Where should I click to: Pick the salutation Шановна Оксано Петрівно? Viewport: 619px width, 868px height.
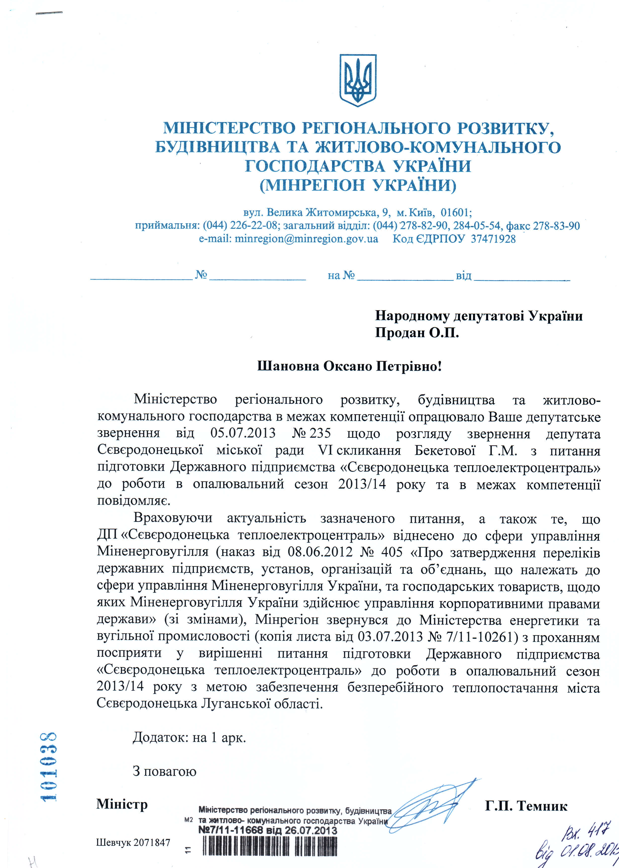pyautogui.click(x=349, y=366)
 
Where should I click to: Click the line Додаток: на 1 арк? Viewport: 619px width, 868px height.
pyautogui.click(x=189, y=738)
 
